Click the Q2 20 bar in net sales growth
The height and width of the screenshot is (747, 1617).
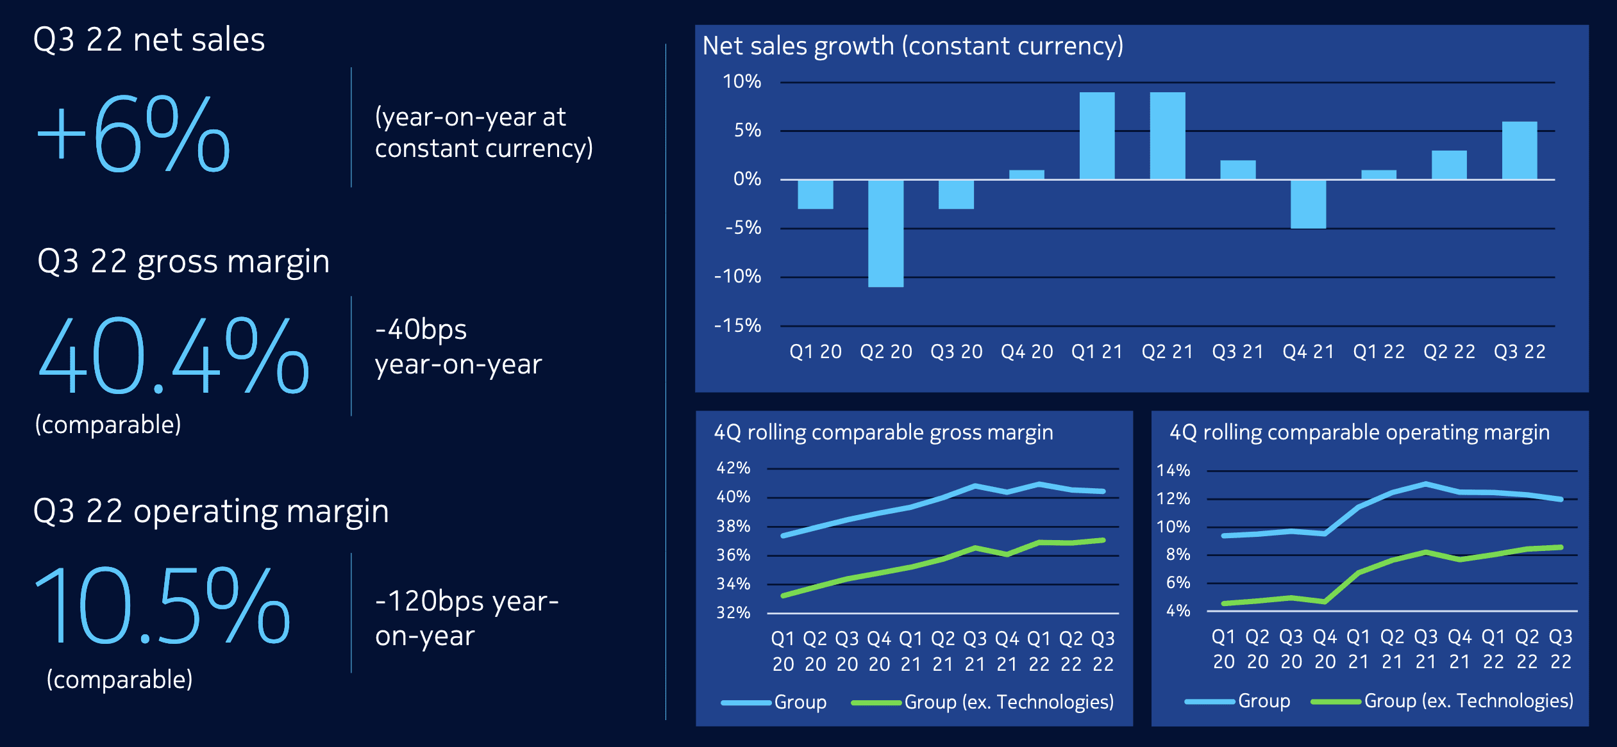tap(885, 233)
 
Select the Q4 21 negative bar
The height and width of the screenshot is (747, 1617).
tap(1308, 204)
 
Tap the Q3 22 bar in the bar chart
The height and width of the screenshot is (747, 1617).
tap(1519, 151)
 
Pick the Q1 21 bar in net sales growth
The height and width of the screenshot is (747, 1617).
tap(1096, 136)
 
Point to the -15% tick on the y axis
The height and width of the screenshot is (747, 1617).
tap(738, 325)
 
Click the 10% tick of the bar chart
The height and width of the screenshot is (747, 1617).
tap(742, 81)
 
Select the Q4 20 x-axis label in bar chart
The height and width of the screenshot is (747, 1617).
tap(1026, 351)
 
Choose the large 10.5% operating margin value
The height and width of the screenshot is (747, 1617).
tap(162, 605)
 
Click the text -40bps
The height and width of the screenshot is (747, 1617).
tap(421, 330)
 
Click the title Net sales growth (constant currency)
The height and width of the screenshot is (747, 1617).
tap(912, 46)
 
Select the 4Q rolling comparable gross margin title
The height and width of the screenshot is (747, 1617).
tap(884, 432)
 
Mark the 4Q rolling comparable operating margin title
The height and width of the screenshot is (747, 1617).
tap(1359, 432)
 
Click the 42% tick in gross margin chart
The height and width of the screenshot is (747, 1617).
tap(733, 468)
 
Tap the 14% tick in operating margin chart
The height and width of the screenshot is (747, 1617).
tap(1173, 470)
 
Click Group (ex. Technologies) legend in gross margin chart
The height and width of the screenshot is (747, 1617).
tap(1009, 702)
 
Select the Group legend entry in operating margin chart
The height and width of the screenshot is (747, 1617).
tap(1264, 701)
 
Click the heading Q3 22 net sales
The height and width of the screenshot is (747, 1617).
tap(149, 40)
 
